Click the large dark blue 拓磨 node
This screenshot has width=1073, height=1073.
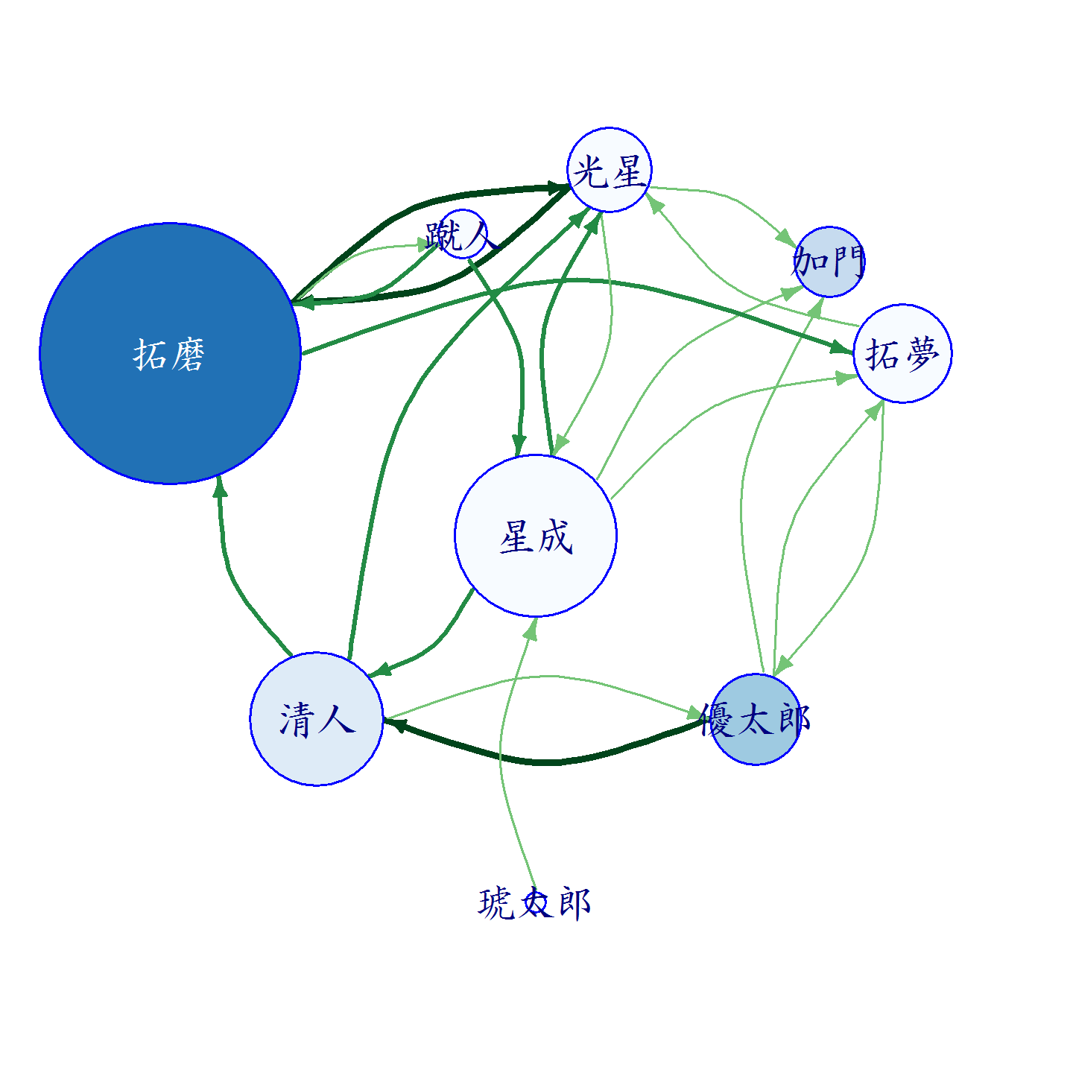(171, 354)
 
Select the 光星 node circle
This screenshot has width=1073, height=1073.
(610, 170)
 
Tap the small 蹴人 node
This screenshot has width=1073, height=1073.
(463, 234)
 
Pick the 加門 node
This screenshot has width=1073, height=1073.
(829, 262)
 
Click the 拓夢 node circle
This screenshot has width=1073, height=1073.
(902, 354)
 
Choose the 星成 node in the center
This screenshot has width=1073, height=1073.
(536, 536)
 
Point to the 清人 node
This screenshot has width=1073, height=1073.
(317, 719)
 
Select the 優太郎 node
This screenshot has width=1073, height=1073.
(756, 719)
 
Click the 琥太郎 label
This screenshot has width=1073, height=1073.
(534, 903)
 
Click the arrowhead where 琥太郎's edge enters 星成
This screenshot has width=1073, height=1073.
(533, 628)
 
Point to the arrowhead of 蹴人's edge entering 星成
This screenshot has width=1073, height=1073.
(519, 446)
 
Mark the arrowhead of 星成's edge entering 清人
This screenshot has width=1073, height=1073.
(380, 671)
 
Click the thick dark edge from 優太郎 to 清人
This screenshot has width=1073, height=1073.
(545, 762)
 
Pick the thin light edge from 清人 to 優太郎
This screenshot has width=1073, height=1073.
(545, 677)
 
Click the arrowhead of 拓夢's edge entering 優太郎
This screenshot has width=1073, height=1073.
(783, 665)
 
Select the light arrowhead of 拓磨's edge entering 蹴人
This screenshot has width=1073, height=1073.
(422, 244)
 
